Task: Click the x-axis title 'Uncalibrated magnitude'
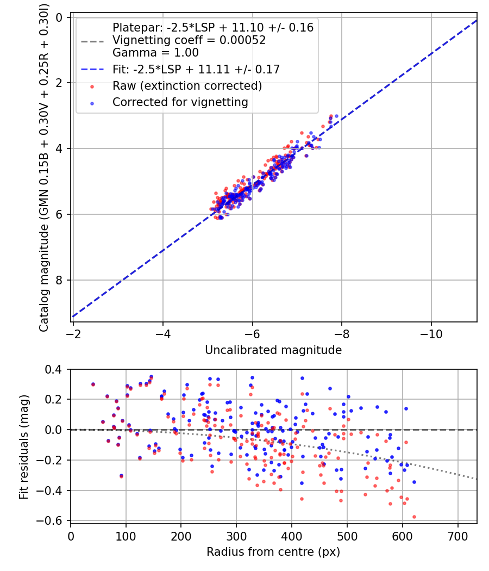tap(273, 350)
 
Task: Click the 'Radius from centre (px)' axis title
tap(273, 552)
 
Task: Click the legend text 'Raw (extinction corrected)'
tap(187, 86)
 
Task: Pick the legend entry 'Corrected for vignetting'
tap(180, 102)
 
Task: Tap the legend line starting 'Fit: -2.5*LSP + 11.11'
tap(196, 70)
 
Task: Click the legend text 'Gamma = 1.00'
tap(155, 53)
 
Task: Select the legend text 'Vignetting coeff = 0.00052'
tap(189, 40)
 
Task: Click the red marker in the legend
tap(92, 86)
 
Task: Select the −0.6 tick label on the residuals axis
tap(52, 521)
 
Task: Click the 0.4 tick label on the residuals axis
tap(55, 369)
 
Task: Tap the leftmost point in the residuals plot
tap(93, 384)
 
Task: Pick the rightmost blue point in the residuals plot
tap(414, 482)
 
